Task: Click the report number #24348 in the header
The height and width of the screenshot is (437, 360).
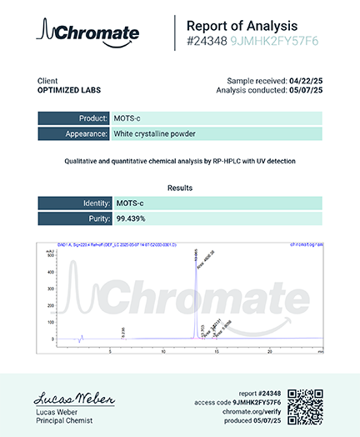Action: click(x=206, y=40)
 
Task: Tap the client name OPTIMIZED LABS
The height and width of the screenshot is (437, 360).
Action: click(x=67, y=89)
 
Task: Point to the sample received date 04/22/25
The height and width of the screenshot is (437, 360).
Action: click(x=305, y=80)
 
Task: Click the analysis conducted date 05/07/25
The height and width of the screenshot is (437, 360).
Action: click(x=305, y=89)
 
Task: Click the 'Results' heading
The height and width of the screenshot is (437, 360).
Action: click(x=180, y=188)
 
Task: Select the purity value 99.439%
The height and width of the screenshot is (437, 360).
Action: click(x=132, y=218)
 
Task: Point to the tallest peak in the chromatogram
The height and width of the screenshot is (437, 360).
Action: click(x=197, y=254)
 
